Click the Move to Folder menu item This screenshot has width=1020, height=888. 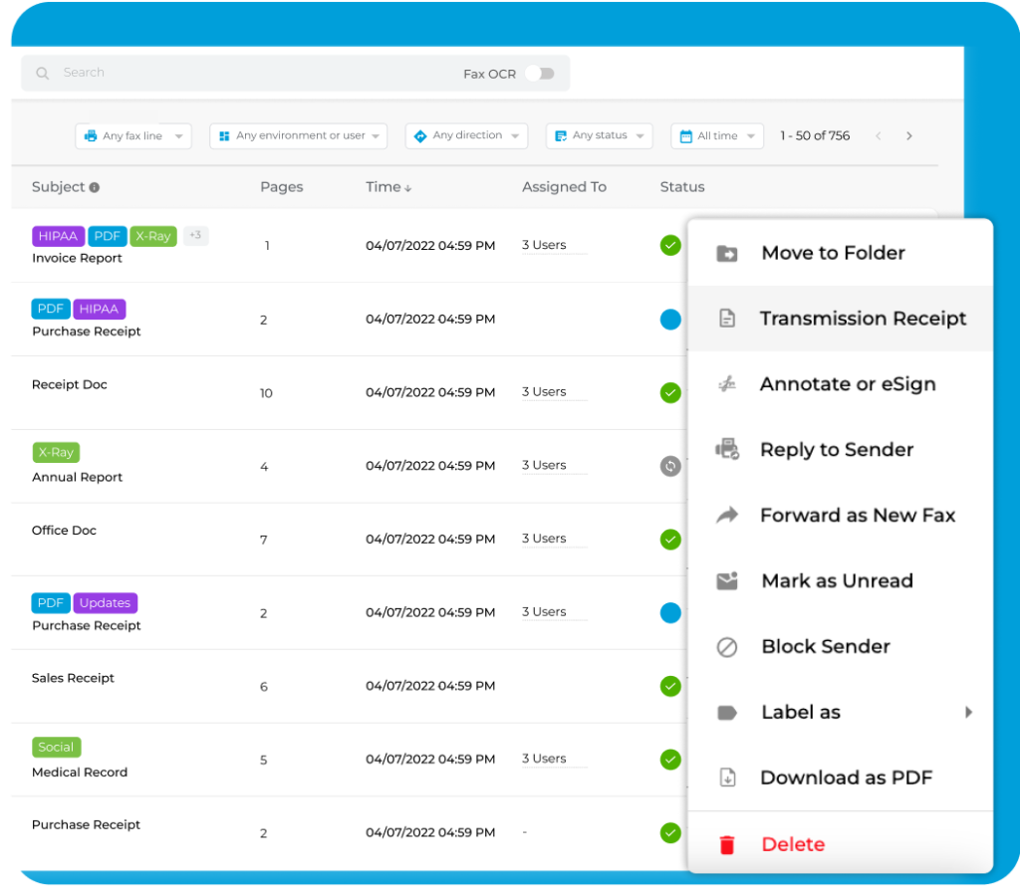pos(833,253)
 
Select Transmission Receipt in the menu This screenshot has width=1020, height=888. pos(863,319)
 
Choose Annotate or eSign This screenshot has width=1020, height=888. pos(847,384)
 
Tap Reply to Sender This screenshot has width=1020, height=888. pos(836,450)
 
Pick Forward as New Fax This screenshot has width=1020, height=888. pos(857,516)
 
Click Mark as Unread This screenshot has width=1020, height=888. pos(836,581)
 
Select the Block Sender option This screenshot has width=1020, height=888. pos(825,647)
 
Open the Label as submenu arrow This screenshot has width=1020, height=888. pos(968,712)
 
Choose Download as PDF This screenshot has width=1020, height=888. pos(846,778)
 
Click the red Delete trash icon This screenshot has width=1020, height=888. pos(727,845)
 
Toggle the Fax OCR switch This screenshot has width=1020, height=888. pos(539,74)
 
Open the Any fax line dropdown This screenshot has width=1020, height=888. pos(133,136)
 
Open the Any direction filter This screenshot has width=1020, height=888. pos(467,136)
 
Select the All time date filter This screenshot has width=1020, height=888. pos(717,136)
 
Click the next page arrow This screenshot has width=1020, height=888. pos(908,136)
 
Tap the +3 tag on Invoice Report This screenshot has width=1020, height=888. pos(195,236)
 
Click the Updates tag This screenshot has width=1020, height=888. pos(106,603)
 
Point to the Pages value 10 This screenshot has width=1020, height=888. pos(266,393)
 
